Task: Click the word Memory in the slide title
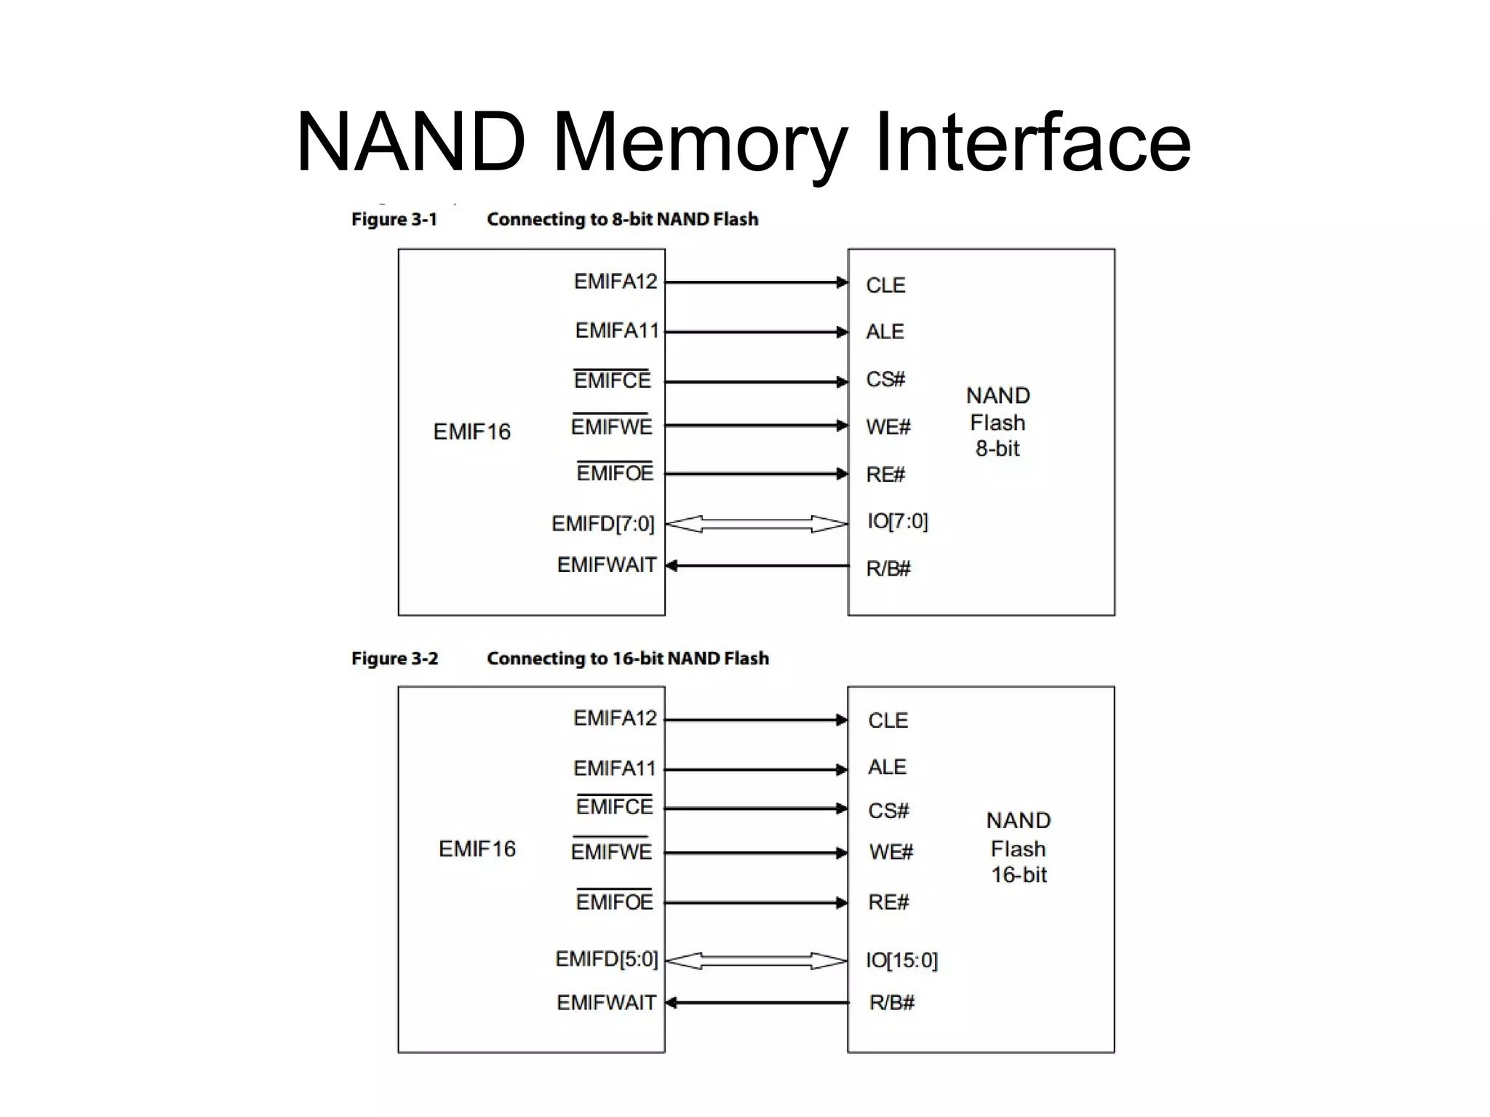pyautogui.click(x=699, y=142)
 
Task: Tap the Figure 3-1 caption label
pyautogui.click(x=394, y=219)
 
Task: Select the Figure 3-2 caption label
pyautogui.click(x=394, y=659)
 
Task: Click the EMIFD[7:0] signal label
pyautogui.click(x=602, y=524)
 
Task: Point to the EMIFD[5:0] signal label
pyautogui.click(x=606, y=959)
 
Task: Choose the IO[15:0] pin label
pyautogui.click(x=901, y=961)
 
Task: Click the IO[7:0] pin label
pyautogui.click(x=897, y=521)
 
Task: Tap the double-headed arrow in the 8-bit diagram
pyautogui.click(x=757, y=524)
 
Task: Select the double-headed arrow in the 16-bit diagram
pyautogui.click(x=757, y=961)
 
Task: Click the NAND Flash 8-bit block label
pyautogui.click(x=997, y=422)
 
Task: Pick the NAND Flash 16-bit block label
pyautogui.click(x=1018, y=848)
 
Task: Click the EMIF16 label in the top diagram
pyautogui.click(x=471, y=432)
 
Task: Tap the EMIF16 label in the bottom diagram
pyautogui.click(x=477, y=848)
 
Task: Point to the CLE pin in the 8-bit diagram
pyautogui.click(x=885, y=285)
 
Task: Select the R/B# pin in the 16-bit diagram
pyautogui.click(x=891, y=1003)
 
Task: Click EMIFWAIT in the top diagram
pyautogui.click(x=606, y=565)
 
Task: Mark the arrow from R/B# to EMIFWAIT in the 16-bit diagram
pyautogui.click(x=757, y=1003)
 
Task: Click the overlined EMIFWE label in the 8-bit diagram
pyautogui.click(x=611, y=427)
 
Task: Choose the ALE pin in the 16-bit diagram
pyautogui.click(x=887, y=767)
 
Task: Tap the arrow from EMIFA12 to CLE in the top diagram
pyautogui.click(x=757, y=282)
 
